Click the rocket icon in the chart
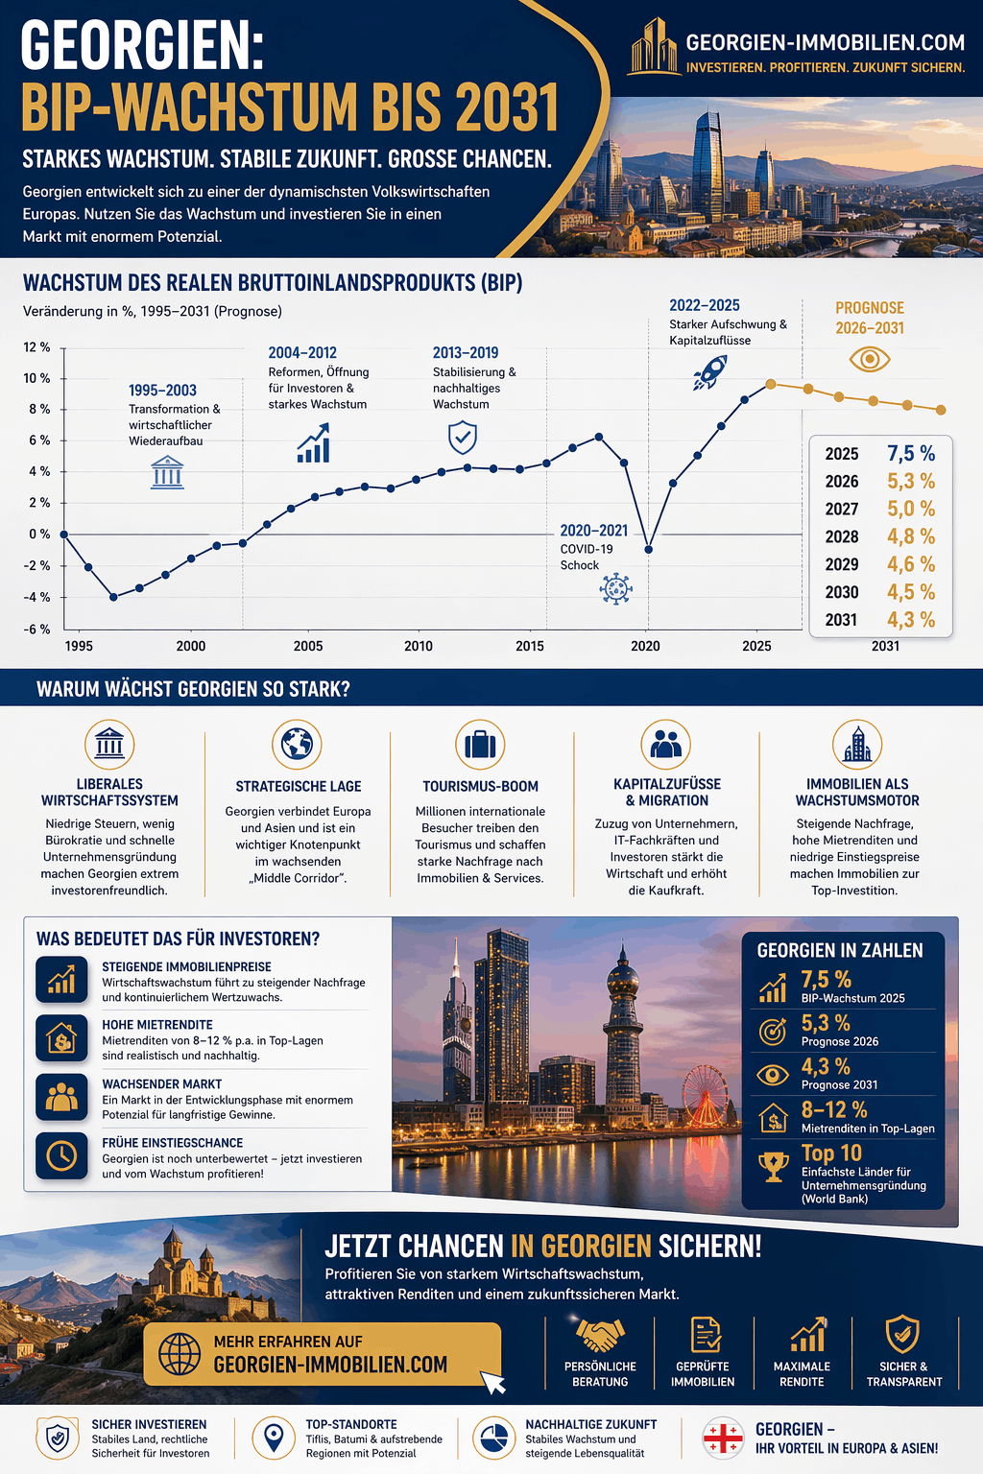point(710,372)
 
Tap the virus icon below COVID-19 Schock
point(615,588)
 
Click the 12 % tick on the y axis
point(36,346)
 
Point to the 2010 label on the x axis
point(419,646)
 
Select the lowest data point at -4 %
point(114,597)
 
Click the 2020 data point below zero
point(649,550)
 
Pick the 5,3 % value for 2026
point(911,481)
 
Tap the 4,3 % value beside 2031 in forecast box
point(911,619)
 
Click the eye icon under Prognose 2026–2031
point(870,359)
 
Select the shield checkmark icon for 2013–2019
point(462,438)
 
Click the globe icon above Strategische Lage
point(297,745)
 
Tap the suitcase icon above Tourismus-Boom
point(480,745)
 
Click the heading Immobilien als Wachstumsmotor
point(857,793)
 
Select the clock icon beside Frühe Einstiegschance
point(61,1155)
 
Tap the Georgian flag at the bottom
point(723,1438)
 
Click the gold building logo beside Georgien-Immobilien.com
point(653,46)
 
